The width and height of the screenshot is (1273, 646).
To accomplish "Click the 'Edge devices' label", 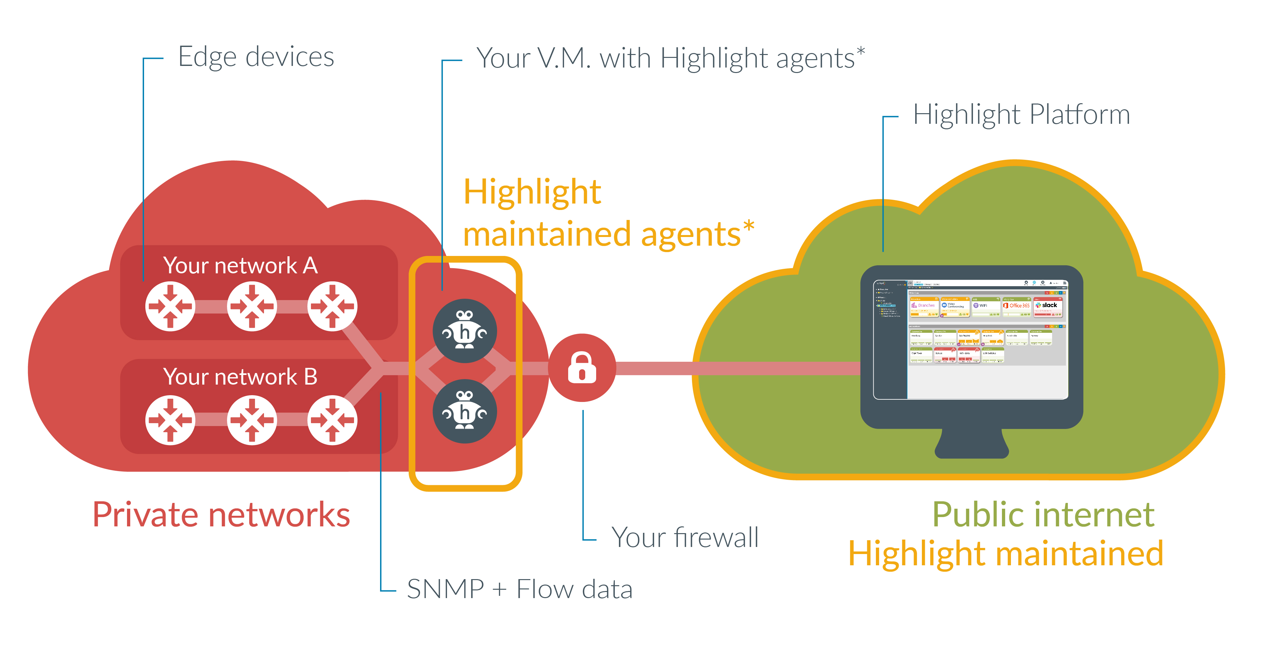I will tap(256, 57).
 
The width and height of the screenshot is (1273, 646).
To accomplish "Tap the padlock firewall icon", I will tap(582, 368).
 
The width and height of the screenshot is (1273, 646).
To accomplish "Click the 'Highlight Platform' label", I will tap(1021, 115).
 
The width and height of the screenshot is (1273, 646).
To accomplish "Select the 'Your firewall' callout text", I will tap(685, 537).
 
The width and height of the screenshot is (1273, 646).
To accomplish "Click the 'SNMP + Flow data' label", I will tap(519, 589).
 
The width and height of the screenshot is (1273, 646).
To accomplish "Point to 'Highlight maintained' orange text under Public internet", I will tap(1006, 554).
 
